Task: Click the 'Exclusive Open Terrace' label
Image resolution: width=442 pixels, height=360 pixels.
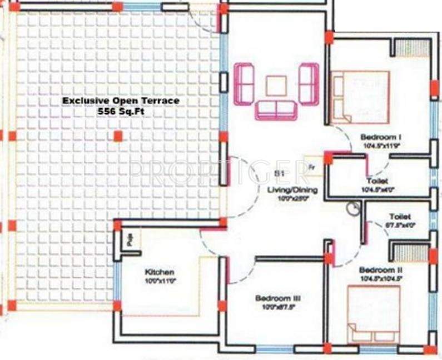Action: click(120, 101)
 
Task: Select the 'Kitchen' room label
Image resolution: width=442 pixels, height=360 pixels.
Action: click(160, 272)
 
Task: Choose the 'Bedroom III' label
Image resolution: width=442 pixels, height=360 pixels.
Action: click(278, 298)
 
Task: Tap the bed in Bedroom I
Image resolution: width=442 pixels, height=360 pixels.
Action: click(360, 97)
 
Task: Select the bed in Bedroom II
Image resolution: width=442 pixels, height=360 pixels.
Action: click(374, 314)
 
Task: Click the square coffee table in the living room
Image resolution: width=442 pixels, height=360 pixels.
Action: click(276, 86)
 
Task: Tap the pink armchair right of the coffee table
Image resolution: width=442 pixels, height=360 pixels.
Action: click(309, 83)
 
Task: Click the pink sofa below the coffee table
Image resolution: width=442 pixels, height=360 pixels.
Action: click(276, 110)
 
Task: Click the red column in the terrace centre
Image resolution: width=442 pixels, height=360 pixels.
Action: click(117, 136)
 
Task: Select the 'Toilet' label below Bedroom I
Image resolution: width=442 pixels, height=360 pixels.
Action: click(377, 181)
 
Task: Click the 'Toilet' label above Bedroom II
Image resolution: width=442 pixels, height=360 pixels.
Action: click(400, 216)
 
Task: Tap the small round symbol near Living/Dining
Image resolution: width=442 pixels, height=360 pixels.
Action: click(352, 209)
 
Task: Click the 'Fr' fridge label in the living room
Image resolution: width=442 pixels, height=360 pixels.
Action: click(312, 166)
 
